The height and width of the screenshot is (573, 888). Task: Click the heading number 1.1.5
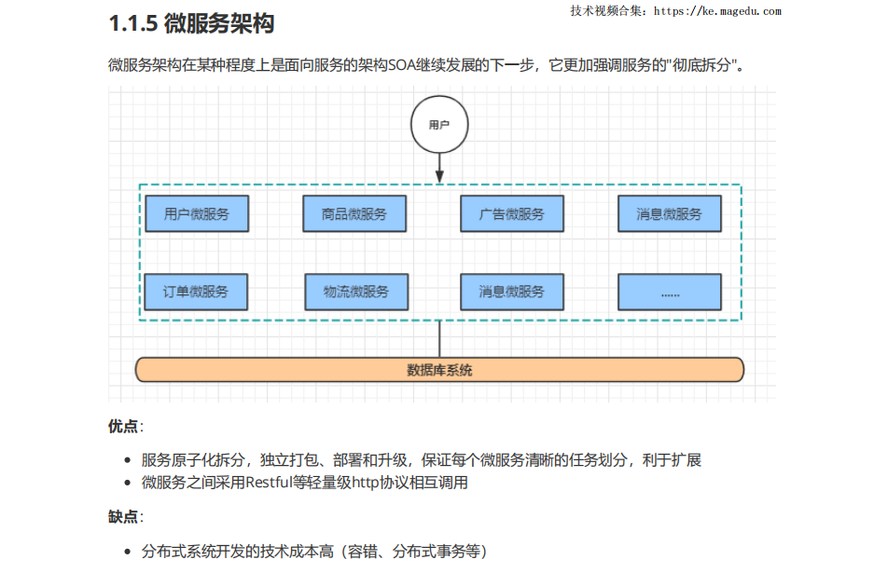132,22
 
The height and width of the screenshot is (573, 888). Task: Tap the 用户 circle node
439,124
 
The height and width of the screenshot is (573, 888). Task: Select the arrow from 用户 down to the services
439,168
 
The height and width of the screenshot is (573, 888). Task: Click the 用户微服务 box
196,214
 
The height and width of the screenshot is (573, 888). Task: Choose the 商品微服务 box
354,214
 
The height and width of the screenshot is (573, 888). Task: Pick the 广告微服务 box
512,214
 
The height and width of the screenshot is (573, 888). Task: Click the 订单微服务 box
196,292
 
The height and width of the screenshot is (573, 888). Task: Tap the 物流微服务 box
356,292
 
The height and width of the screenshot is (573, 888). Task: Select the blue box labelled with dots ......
670,292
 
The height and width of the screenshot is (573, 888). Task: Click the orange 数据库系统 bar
439,370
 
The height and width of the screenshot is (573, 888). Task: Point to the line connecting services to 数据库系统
439,338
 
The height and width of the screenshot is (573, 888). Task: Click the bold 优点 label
123,426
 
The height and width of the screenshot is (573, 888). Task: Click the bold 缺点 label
123,516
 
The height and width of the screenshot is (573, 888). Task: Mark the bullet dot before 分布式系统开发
128,552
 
